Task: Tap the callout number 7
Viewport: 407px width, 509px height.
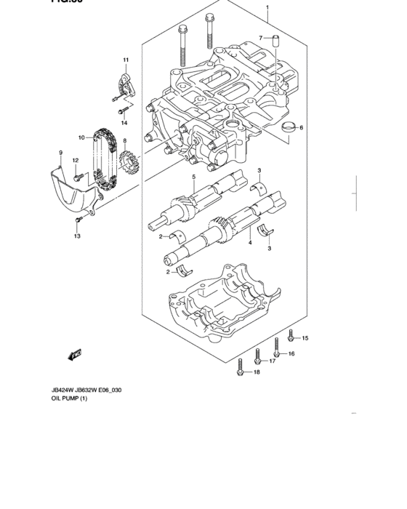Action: tap(261, 37)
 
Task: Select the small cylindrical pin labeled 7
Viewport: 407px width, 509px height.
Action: tap(276, 41)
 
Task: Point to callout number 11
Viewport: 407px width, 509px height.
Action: tap(125, 60)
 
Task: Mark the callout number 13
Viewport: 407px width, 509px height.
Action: tap(76, 236)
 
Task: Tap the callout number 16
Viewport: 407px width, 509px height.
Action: tap(291, 354)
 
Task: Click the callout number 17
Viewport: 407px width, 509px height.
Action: tap(273, 361)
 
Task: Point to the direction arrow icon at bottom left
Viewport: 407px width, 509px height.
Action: tap(73, 355)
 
